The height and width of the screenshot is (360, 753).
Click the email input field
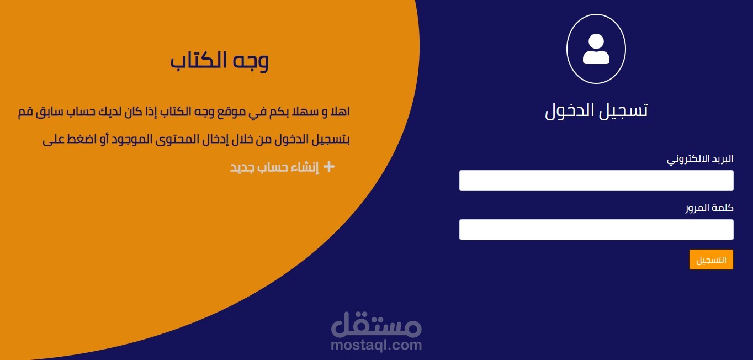596,181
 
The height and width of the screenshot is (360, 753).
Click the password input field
596,230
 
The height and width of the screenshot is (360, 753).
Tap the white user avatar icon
596,49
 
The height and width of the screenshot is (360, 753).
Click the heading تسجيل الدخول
596,110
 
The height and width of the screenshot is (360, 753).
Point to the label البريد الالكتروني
700,159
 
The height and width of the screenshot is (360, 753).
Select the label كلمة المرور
709,208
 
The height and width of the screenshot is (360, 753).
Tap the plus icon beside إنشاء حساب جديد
328,167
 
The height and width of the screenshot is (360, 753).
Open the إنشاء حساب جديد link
274,167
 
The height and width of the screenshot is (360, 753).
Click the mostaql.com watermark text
376,345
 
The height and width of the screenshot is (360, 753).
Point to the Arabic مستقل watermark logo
376,326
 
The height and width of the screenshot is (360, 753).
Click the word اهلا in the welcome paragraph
338,112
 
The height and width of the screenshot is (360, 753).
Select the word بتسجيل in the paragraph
332,139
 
